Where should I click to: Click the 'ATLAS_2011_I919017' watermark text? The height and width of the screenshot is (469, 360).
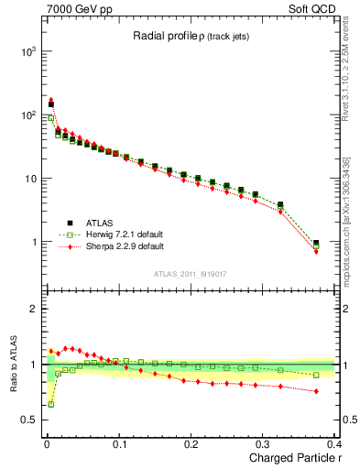pyautogui.click(x=191, y=273)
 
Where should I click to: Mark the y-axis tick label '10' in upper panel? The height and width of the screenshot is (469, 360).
pyautogui.click(x=29, y=179)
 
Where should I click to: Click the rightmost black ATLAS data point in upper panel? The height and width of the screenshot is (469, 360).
pyautogui.click(x=316, y=244)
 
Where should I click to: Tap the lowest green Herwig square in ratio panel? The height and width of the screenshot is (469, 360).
pyautogui.click(x=51, y=404)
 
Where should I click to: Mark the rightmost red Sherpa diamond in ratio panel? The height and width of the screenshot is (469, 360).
pyautogui.click(x=316, y=391)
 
